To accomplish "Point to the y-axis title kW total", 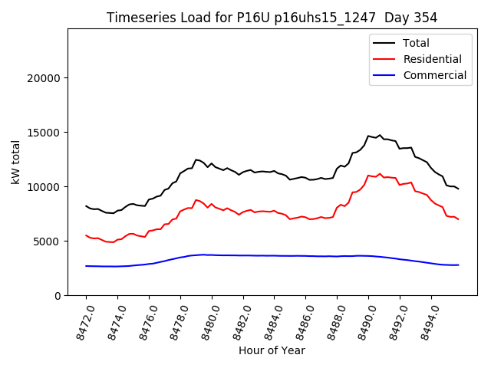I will (15, 162).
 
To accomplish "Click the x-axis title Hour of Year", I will (272, 350).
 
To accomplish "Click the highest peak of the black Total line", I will (380, 135).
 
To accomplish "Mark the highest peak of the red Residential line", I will (380, 174).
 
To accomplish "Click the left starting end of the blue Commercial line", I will (86, 266).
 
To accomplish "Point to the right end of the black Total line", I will (458, 189).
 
